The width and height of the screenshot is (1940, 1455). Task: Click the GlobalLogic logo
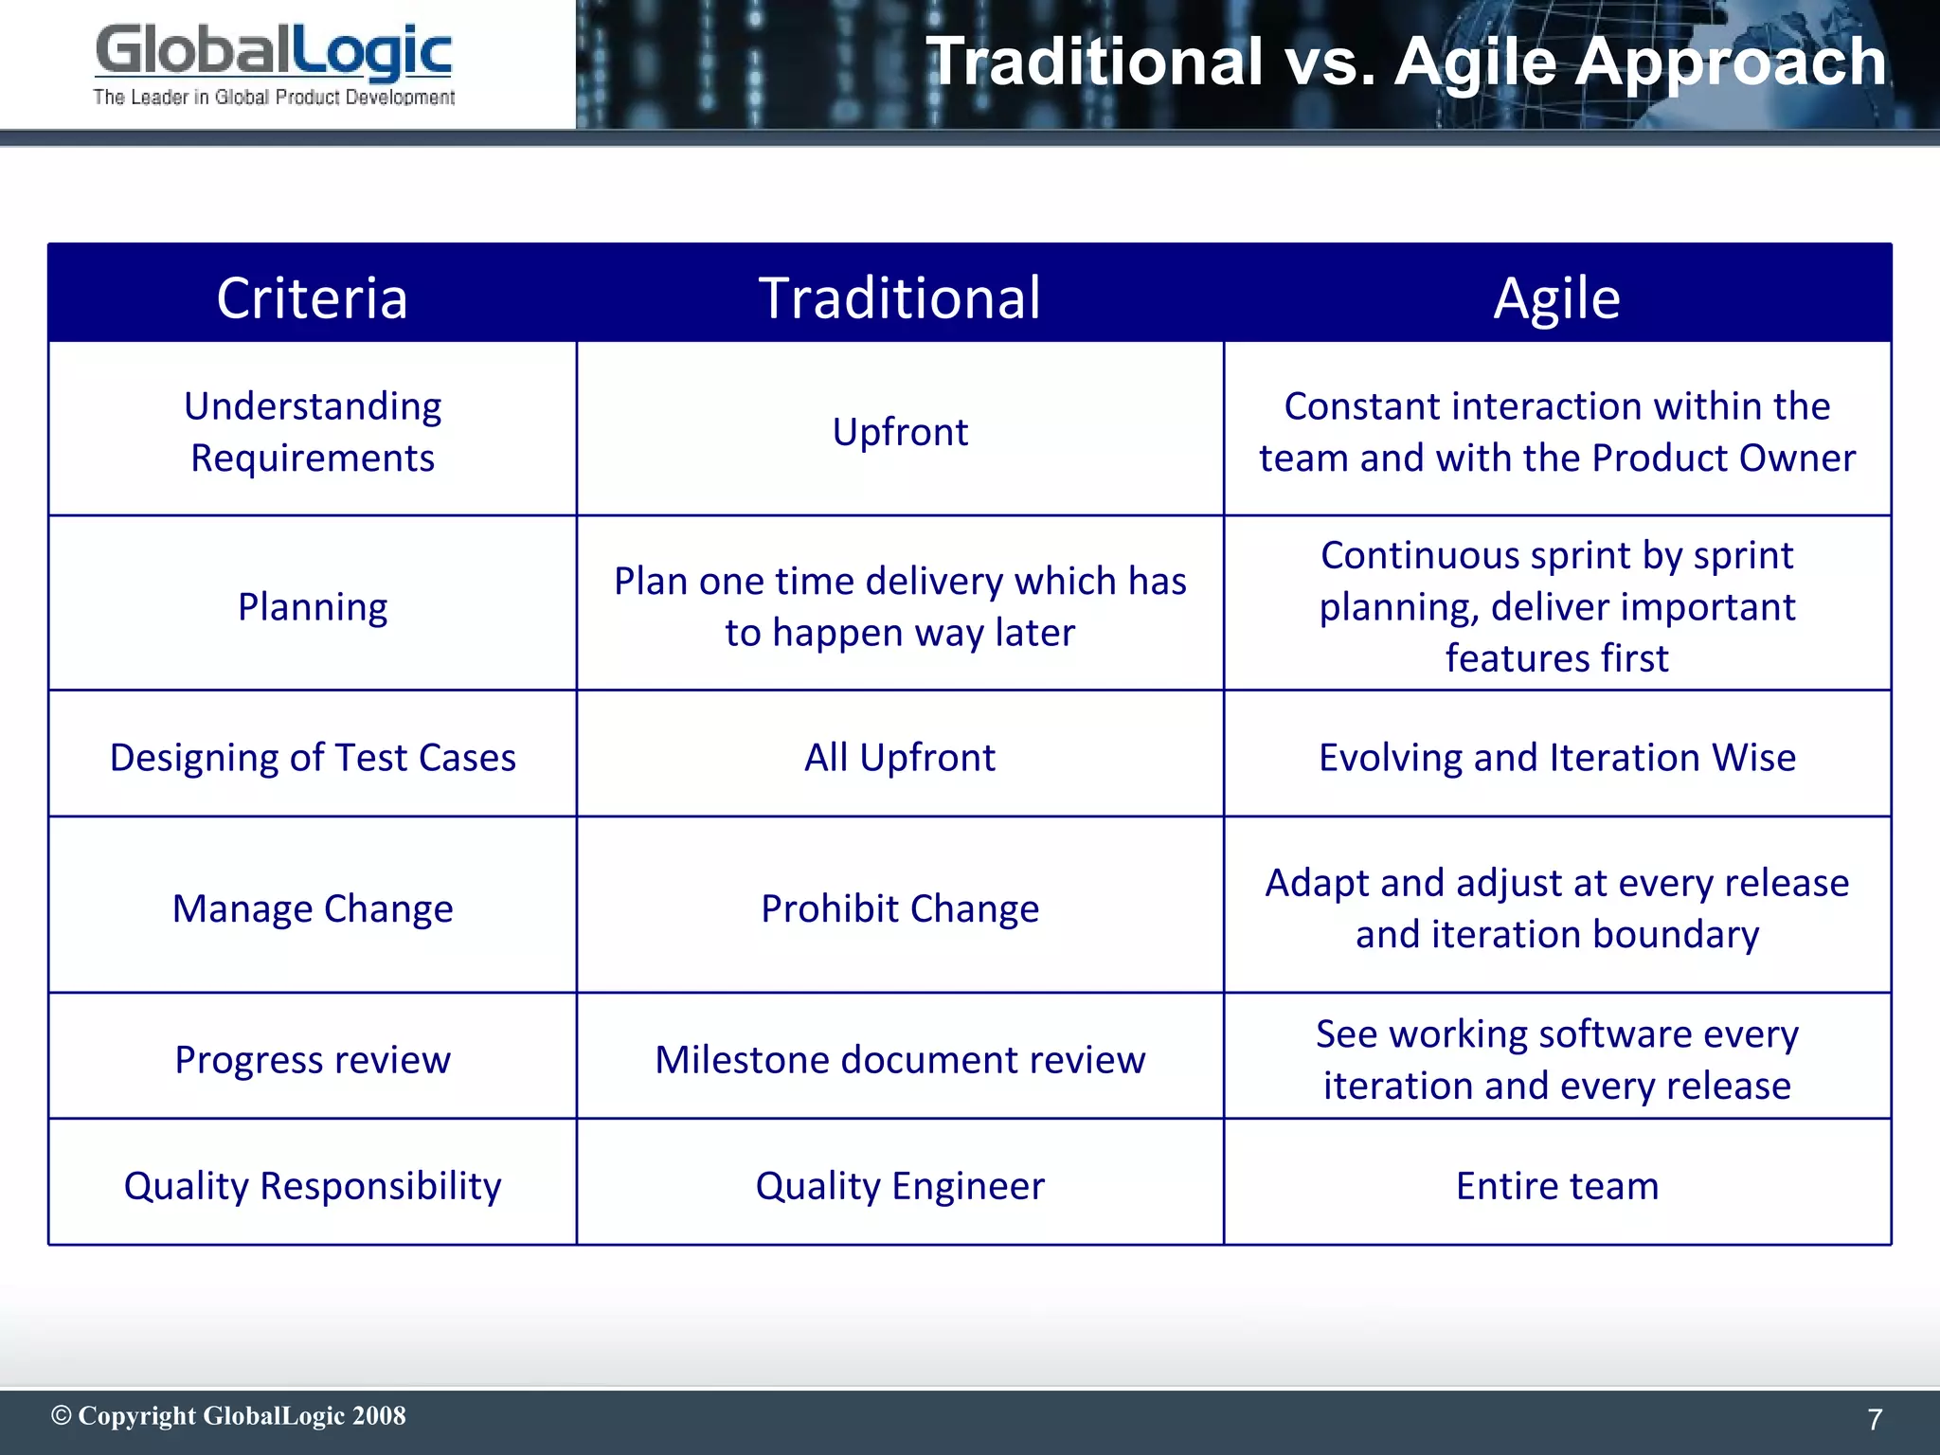click(273, 53)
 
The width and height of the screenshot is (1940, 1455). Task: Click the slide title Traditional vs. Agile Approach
click(1406, 62)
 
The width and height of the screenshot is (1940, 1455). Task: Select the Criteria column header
click(312, 297)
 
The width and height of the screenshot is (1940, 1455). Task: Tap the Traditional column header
click(900, 297)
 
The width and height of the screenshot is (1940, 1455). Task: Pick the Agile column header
click(1556, 297)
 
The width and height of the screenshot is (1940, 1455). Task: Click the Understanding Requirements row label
click(312, 432)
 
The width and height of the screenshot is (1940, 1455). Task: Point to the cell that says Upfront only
click(900, 432)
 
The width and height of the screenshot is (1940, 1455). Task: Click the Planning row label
click(312, 606)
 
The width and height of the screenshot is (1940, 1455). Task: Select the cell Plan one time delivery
click(900, 606)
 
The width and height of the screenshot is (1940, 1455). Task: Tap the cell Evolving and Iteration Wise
click(1556, 758)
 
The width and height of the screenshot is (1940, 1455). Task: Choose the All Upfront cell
click(900, 758)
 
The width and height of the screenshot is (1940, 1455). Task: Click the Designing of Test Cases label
click(312, 758)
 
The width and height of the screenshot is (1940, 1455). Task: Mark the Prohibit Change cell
click(900, 908)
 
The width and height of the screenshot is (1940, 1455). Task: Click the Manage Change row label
click(312, 908)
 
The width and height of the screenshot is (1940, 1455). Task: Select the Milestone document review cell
click(900, 1059)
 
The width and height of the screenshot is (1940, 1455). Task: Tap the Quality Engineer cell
click(900, 1186)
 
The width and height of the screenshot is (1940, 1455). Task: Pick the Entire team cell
click(1556, 1186)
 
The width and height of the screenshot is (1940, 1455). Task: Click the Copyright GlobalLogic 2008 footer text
click(228, 1416)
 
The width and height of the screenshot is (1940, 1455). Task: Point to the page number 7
click(1874, 1419)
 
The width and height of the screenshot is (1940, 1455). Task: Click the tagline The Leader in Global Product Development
click(274, 97)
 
